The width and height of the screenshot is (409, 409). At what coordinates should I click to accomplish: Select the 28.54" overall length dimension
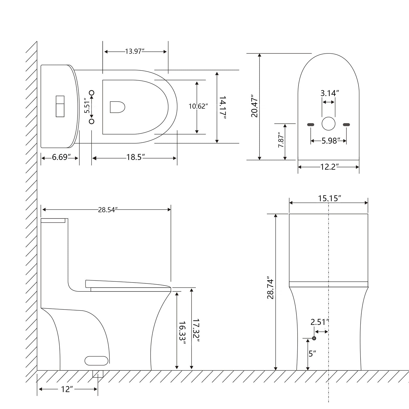tap(108, 210)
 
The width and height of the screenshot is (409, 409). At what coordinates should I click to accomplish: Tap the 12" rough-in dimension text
tap(67, 389)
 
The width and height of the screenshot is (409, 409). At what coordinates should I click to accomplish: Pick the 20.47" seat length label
tap(255, 107)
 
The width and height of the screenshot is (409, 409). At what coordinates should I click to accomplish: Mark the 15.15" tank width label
tap(330, 198)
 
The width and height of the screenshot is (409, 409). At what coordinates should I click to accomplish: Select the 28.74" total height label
tap(270, 288)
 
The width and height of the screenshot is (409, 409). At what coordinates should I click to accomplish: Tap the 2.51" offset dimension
tap(319, 322)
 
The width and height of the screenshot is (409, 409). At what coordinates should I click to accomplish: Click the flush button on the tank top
tap(60, 106)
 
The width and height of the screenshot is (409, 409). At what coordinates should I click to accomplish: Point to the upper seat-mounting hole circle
tap(92, 93)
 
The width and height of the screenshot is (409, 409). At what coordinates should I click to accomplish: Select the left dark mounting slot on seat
tap(311, 124)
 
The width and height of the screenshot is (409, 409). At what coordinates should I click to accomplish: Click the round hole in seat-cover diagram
tap(328, 124)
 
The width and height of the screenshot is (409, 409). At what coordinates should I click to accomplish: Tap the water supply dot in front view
tap(314, 338)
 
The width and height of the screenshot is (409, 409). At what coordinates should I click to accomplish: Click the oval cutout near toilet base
tap(97, 360)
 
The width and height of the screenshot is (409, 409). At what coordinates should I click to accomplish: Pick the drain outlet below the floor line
tap(98, 374)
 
